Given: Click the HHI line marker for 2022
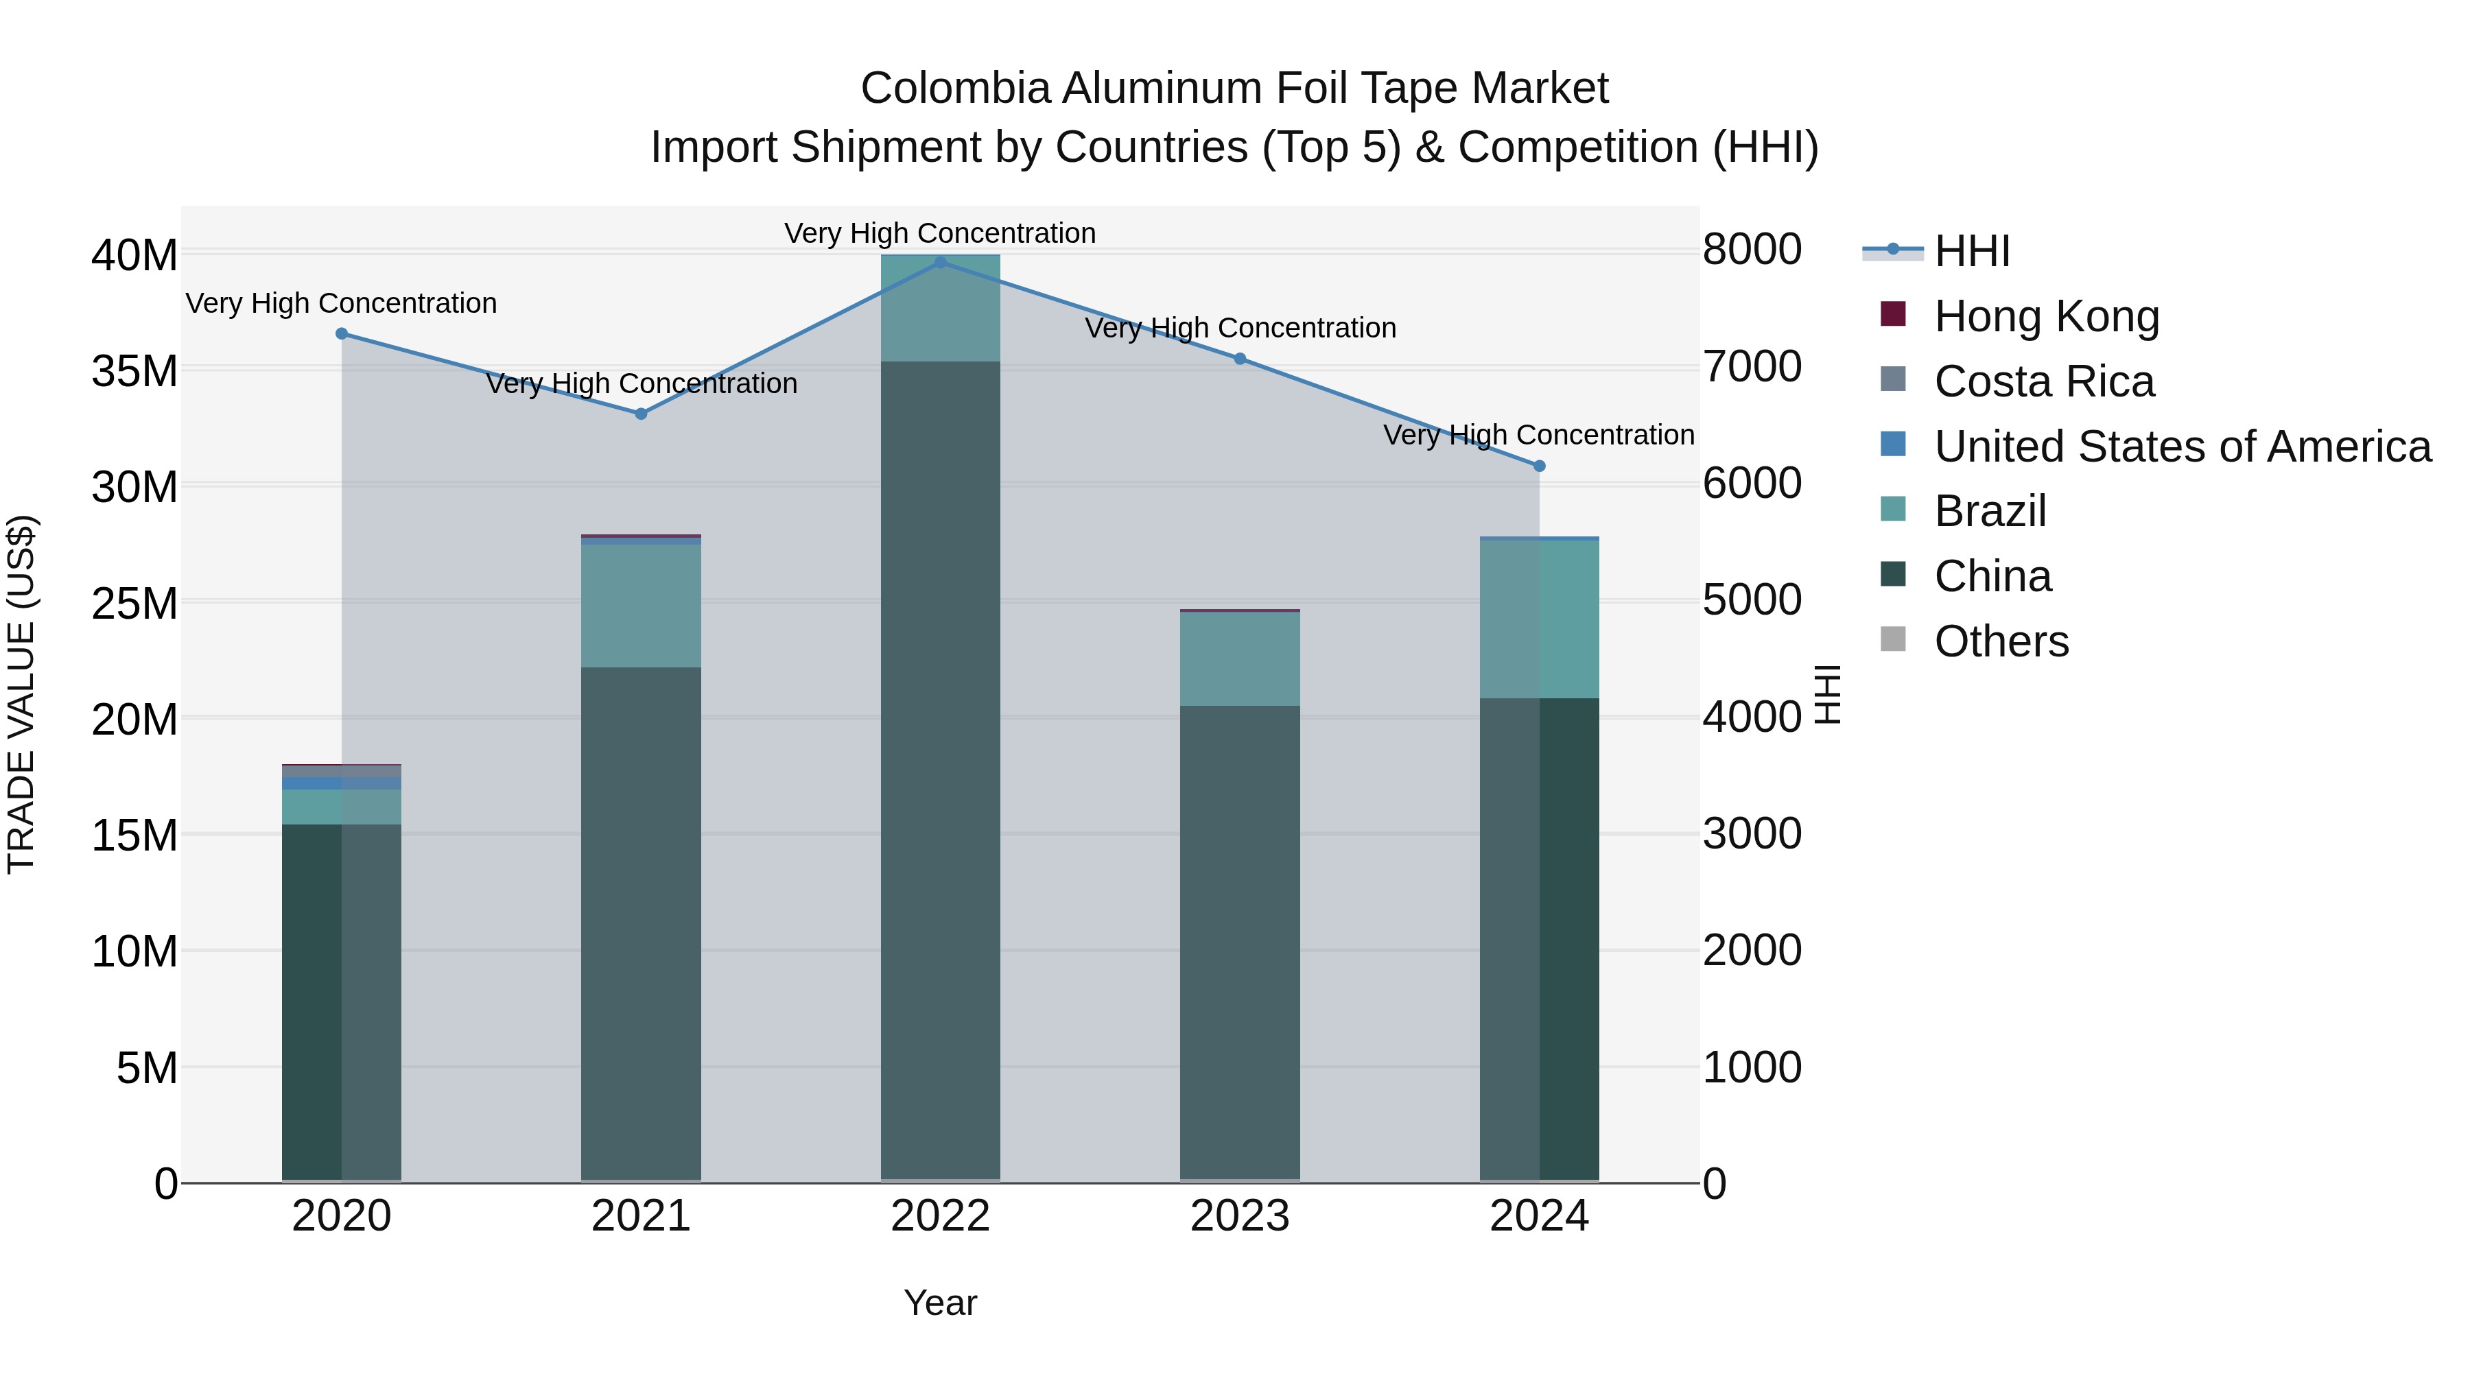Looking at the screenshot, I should [940, 262].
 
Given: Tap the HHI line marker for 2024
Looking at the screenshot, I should [1539, 466].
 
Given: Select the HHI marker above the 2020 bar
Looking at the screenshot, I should [342, 333].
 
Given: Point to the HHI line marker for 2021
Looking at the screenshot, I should [641, 414].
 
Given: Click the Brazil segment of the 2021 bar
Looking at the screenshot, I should [641, 606].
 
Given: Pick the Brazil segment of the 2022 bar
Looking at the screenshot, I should [940, 309].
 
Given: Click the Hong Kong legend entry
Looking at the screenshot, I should [2045, 316].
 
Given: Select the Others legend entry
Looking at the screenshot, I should [2001, 641].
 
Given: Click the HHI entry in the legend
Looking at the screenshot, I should [1971, 251].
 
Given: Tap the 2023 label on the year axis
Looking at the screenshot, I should [1239, 1216].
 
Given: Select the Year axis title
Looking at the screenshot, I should [940, 1303].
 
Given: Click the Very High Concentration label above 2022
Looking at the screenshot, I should [940, 233].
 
